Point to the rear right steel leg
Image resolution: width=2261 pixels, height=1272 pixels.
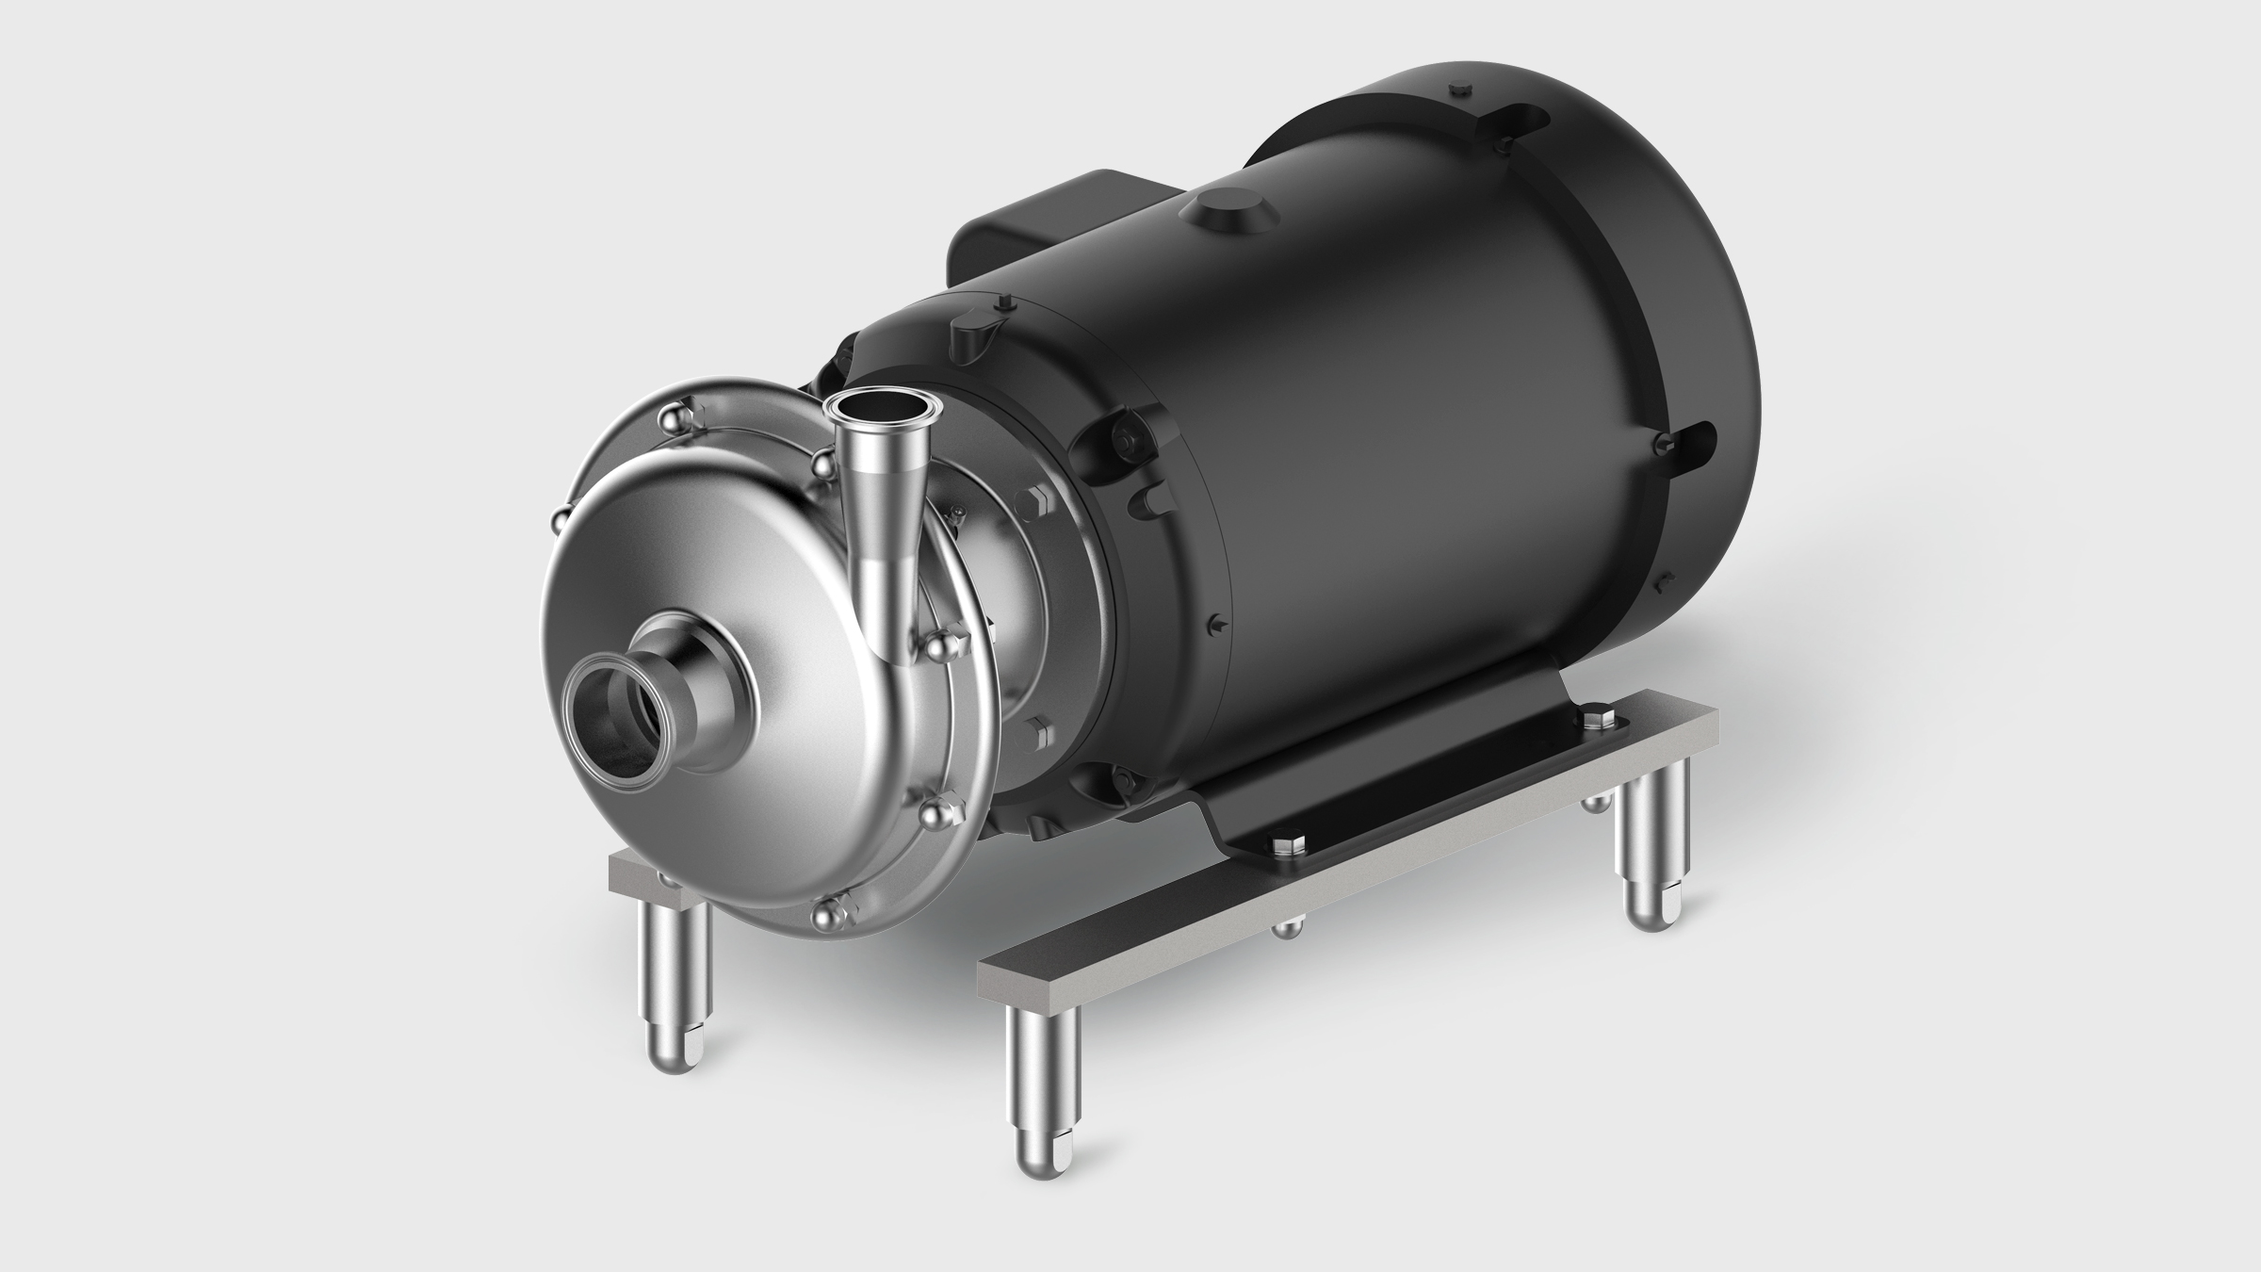click(1650, 866)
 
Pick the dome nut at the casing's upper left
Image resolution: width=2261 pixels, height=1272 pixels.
click(675, 417)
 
